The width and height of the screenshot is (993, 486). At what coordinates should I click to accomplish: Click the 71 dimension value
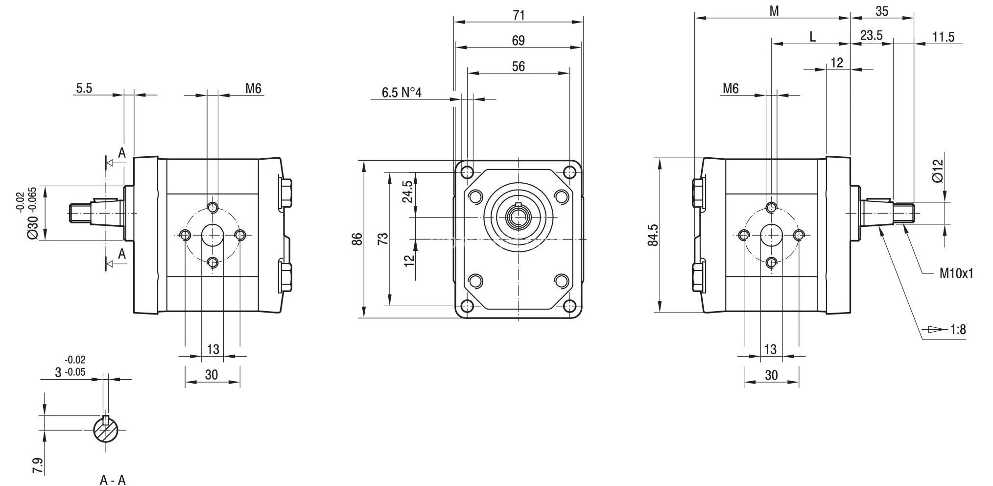coord(519,15)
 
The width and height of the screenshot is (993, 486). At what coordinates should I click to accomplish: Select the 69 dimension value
coord(518,41)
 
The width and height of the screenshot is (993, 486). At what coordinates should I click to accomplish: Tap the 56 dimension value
coord(518,66)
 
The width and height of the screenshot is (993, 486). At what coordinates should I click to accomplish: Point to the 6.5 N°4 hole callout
coord(401,93)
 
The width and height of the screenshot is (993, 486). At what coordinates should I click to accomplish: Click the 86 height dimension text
coord(357,239)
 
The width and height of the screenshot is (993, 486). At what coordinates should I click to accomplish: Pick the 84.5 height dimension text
coord(653,235)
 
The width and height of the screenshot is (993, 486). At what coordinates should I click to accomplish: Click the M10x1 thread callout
coord(956,273)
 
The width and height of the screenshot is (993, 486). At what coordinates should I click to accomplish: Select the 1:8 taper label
coord(958,329)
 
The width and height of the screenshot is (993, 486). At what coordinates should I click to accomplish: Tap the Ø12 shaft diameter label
coord(937,171)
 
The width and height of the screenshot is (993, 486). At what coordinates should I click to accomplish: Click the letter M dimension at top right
coord(774,11)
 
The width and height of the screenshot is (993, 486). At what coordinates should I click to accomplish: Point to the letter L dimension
coord(812,37)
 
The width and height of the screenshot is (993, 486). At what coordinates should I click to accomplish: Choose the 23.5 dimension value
coord(871,35)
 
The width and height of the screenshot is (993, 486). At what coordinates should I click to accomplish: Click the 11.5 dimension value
coord(943,37)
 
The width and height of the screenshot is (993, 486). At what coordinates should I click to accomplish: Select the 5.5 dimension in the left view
coord(84,88)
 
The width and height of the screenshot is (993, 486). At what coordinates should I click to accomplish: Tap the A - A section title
coord(113,480)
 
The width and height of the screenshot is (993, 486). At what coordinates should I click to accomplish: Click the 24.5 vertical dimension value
coord(407,192)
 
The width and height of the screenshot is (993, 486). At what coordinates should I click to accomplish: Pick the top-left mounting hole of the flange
coord(467,172)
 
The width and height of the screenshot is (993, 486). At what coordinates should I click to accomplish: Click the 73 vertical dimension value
coord(383,239)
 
